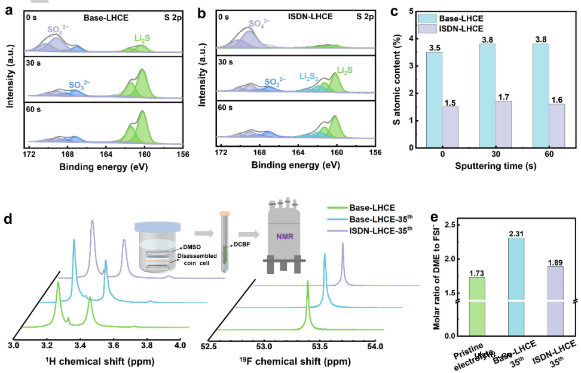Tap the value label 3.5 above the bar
434,47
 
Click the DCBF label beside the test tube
241,243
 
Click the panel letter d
8,218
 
